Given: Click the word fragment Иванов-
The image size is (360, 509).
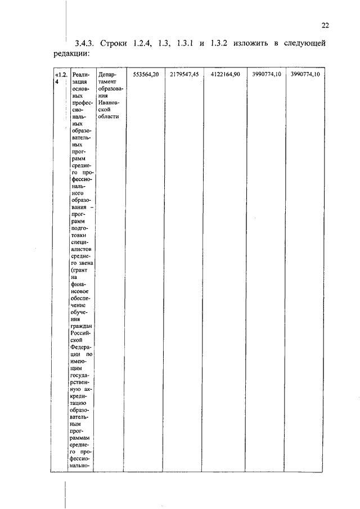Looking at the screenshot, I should pos(107,102).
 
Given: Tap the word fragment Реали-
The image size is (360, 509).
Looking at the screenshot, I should pos(82,75).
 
